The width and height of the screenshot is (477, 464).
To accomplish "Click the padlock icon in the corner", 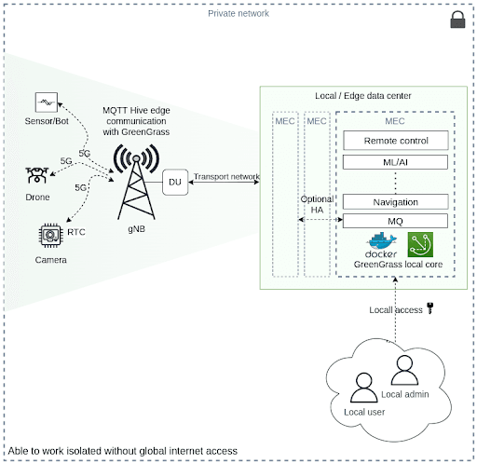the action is [x=457, y=20].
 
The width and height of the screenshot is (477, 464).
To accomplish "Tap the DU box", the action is [x=175, y=182].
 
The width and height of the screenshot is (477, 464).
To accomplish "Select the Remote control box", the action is [x=396, y=141].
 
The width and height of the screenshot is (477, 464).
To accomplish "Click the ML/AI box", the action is [x=395, y=162].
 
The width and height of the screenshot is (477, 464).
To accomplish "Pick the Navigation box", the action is [x=395, y=202].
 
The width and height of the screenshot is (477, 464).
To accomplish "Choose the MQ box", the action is [x=395, y=221].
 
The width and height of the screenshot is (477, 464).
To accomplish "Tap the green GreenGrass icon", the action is [x=420, y=244].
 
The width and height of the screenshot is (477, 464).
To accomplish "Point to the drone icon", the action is [x=37, y=175].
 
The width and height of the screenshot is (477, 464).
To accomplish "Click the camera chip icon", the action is [x=51, y=235].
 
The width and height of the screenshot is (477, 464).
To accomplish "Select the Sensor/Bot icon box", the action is [x=47, y=102].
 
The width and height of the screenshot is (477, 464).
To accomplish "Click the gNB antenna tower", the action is [x=136, y=182].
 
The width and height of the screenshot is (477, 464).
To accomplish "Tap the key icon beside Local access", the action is [x=430, y=308].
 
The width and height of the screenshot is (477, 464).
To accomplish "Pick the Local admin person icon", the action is [x=404, y=370].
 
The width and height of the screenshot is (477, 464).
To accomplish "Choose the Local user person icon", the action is [x=364, y=388].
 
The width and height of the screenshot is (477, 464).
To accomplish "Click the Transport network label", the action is [x=226, y=176].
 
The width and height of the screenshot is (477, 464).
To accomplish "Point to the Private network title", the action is [x=238, y=13].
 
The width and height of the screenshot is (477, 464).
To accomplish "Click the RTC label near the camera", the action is [x=76, y=232].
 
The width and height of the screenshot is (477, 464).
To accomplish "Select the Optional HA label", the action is [x=317, y=204].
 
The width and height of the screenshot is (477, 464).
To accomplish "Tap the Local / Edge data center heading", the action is [x=363, y=96].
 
